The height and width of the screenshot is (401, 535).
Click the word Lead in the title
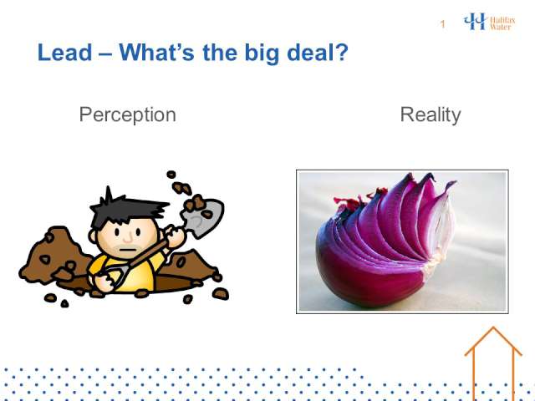click(x=65, y=53)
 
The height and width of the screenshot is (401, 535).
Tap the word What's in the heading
click(x=156, y=53)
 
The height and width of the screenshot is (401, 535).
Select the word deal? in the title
click(x=318, y=53)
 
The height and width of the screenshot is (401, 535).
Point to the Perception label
click(x=128, y=115)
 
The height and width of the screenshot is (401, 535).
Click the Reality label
click(x=431, y=115)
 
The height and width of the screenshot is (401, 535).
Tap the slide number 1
click(x=442, y=24)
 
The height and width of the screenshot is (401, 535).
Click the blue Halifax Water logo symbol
click(x=475, y=21)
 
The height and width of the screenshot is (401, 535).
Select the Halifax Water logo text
click(x=502, y=23)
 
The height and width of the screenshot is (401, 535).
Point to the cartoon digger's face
click(x=127, y=238)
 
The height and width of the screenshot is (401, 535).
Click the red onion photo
click(x=402, y=241)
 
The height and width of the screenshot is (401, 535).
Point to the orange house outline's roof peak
click(x=493, y=327)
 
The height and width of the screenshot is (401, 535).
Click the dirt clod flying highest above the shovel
click(x=171, y=175)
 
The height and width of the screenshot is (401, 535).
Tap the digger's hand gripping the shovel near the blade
click(x=176, y=236)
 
